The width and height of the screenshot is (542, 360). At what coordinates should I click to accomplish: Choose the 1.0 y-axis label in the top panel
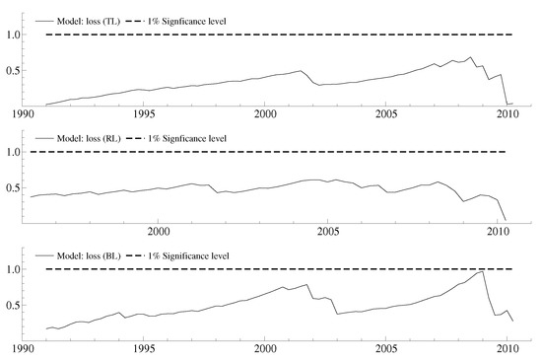tap(14, 35)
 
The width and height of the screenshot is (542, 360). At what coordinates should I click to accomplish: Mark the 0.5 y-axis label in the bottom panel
tap(14, 305)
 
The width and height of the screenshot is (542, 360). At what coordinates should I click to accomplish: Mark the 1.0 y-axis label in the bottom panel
tap(14, 269)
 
